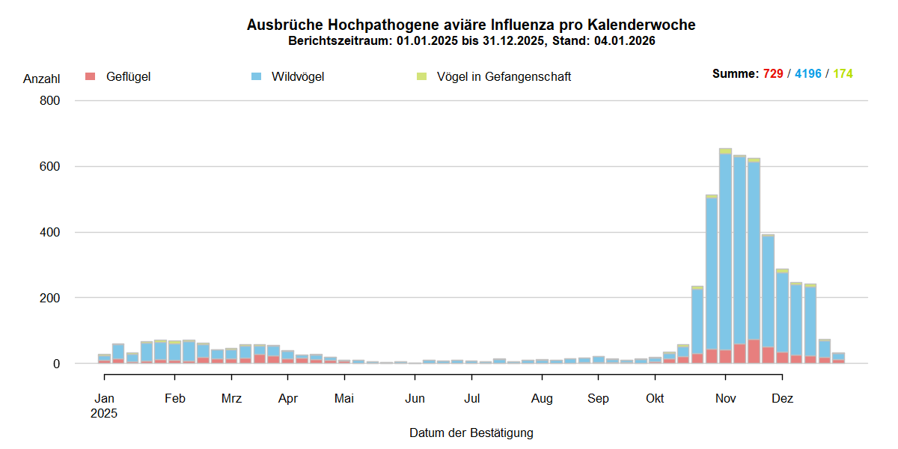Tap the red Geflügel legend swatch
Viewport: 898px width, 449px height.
91,76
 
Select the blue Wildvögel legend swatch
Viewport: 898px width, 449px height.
256,76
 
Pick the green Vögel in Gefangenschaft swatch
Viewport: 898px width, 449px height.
421,76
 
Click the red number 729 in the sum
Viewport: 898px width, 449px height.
773,73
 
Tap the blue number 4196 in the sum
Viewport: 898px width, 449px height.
808,73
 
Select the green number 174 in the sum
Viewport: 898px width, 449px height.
843,73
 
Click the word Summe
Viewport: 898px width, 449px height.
735,73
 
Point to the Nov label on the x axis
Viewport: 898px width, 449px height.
726,399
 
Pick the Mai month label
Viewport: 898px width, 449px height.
344,399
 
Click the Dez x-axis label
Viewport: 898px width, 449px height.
782,399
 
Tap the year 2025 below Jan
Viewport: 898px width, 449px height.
105,412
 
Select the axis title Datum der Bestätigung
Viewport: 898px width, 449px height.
471,433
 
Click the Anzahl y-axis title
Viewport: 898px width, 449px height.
41,79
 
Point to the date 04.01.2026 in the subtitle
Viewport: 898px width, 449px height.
625,41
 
